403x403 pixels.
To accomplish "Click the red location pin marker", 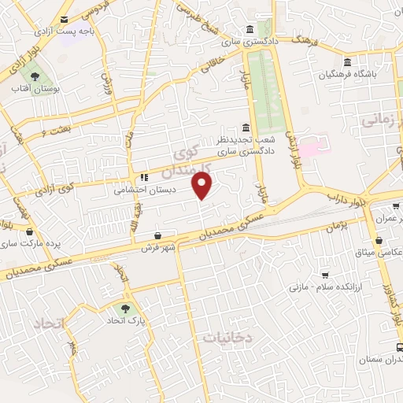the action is [204, 186].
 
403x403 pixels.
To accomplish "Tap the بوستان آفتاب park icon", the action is [35, 76].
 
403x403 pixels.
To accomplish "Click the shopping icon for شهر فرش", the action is [158, 235].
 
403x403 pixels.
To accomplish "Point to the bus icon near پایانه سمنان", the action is [400, 346].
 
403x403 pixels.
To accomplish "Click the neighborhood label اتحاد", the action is [50, 323].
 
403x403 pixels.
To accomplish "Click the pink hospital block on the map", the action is [311, 148].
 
